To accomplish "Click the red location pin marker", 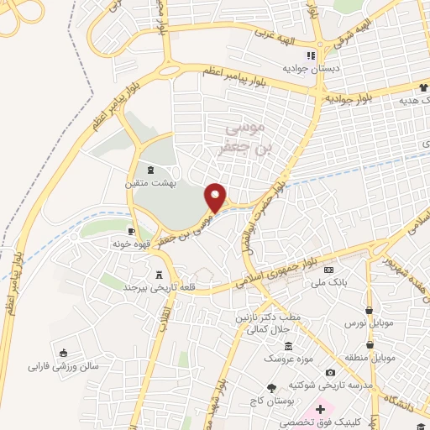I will pos(216,197).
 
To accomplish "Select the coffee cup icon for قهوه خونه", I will pos(131,230).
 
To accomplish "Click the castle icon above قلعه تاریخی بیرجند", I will pos(160,274).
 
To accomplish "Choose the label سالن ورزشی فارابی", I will pos(64,366).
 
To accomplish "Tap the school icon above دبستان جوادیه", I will pos(311,55).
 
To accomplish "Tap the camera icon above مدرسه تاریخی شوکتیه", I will pos(330,373).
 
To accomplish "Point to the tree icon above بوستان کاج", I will pos(270,388).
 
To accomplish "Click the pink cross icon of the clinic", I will pos(320,408).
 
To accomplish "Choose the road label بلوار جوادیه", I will pos(352,98).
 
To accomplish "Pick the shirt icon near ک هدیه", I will pos(423,87).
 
